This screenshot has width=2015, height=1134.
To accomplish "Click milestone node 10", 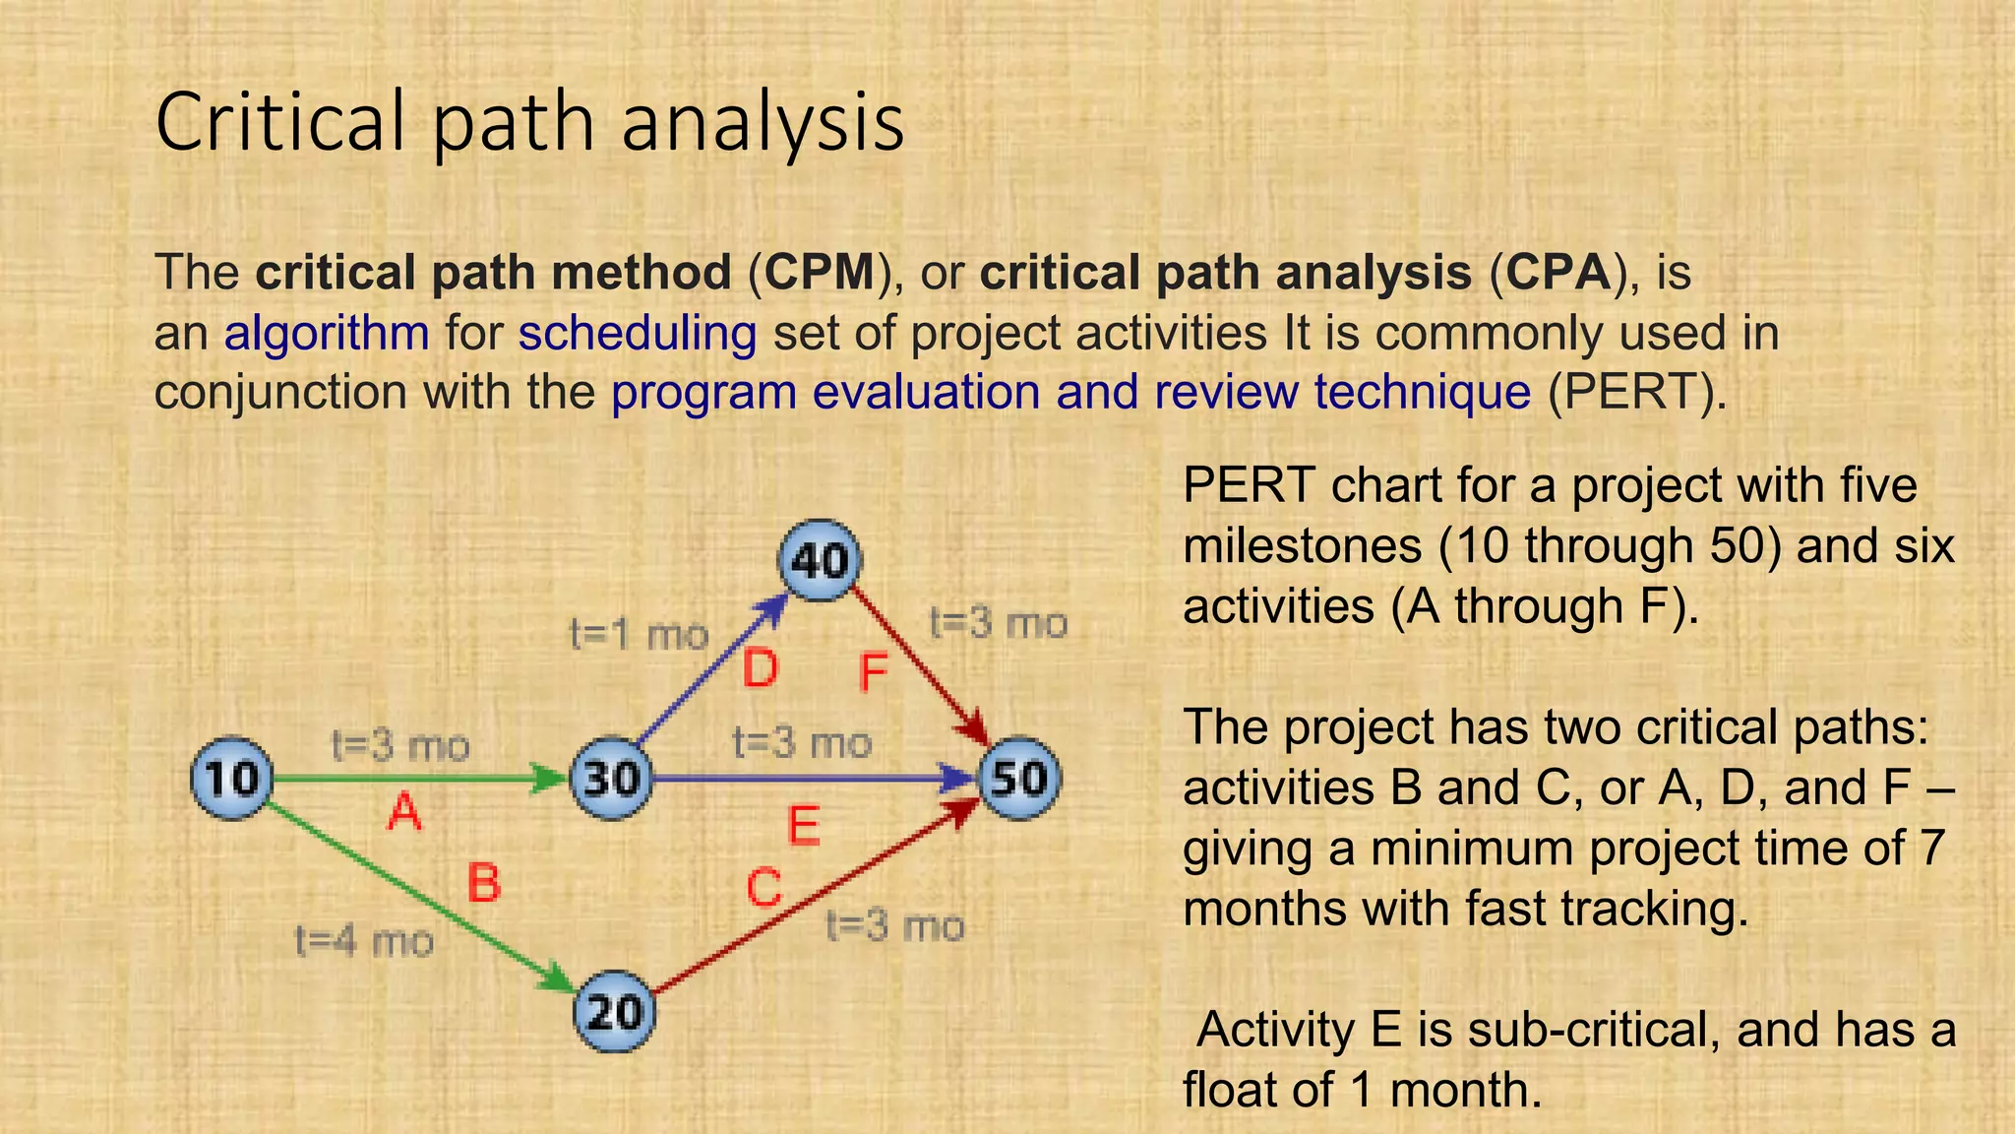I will click(231, 778).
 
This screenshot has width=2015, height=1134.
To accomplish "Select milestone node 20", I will click(614, 1012).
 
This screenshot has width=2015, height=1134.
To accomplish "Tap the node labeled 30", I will click(611, 779).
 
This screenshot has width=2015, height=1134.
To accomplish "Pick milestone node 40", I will click(820, 561).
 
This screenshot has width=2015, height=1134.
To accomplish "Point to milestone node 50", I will click(1020, 779).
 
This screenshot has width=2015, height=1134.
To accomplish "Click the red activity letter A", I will click(404, 814).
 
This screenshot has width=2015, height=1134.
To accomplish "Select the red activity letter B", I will click(483, 882).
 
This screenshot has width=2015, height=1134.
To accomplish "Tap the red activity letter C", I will click(763, 889).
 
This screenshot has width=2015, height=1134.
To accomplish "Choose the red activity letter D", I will click(760, 670).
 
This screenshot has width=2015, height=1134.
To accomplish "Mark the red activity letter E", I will click(804, 826).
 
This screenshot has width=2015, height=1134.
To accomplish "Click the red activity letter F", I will click(873, 674).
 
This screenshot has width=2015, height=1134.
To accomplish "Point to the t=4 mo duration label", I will click(364, 942).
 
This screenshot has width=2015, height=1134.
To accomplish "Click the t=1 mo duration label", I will click(640, 635).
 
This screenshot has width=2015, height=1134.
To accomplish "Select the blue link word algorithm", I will click(327, 333).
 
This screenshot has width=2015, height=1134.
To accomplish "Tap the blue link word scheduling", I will click(638, 333).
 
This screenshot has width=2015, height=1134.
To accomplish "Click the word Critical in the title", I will click(280, 122).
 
